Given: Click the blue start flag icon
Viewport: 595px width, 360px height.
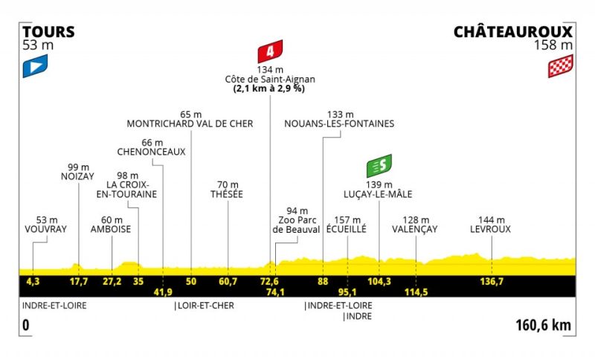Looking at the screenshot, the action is (x=35, y=66).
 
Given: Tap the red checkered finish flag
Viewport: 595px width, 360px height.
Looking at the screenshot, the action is (x=561, y=66).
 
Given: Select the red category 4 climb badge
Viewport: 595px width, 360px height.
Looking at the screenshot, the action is (x=270, y=51).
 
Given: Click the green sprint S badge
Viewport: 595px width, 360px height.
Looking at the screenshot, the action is (x=379, y=166).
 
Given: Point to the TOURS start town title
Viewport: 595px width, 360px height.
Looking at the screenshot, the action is (x=48, y=32).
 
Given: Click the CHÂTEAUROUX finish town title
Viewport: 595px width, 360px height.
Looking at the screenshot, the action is (x=513, y=31).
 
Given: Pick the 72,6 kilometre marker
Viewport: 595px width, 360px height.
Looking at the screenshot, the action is (x=269, y=281).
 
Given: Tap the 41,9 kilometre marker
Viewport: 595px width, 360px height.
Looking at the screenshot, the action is (x=163, y=292).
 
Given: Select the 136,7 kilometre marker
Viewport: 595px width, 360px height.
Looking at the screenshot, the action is (x=492, y=281).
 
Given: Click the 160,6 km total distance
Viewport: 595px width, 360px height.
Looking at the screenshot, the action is (x=543, y=325).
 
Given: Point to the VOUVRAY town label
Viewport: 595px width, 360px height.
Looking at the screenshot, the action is (x=45, y=229).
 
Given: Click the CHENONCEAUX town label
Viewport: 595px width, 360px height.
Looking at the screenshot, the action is (x=152, y=152).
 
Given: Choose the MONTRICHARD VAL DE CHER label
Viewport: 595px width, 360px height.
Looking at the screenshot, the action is (x=190, y=123).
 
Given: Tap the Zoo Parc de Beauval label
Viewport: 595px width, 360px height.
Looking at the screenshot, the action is (x=296, y=225).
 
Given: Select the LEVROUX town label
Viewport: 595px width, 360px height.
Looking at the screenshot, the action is (x=490, y=229).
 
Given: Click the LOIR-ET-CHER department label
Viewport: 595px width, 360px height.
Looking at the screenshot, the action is (x=206, y=306).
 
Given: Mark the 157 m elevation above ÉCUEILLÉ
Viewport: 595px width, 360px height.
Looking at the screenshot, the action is (x=347, y=220).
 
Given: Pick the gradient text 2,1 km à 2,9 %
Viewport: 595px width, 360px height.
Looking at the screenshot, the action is (x=269, y=89).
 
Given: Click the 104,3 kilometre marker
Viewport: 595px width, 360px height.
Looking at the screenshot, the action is (x=379, y=281).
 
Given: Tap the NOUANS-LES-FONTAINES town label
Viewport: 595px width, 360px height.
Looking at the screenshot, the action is (x=339, y=123).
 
